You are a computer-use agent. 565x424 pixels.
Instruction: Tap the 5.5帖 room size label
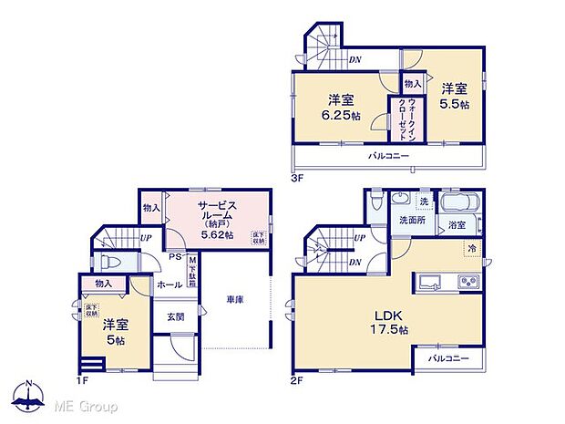click(456, 105)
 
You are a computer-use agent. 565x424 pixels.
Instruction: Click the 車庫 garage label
click(235, 299)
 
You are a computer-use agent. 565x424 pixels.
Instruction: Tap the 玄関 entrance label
click(175, 317)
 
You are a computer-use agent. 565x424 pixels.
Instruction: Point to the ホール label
click(169, 284)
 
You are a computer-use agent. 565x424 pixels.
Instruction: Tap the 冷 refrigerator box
click(472, 247)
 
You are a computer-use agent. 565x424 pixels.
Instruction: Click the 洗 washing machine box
click(424, 201)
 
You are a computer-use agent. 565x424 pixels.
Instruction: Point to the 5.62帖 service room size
click(217, 234)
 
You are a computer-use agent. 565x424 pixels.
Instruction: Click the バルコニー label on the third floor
click(389, 156)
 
